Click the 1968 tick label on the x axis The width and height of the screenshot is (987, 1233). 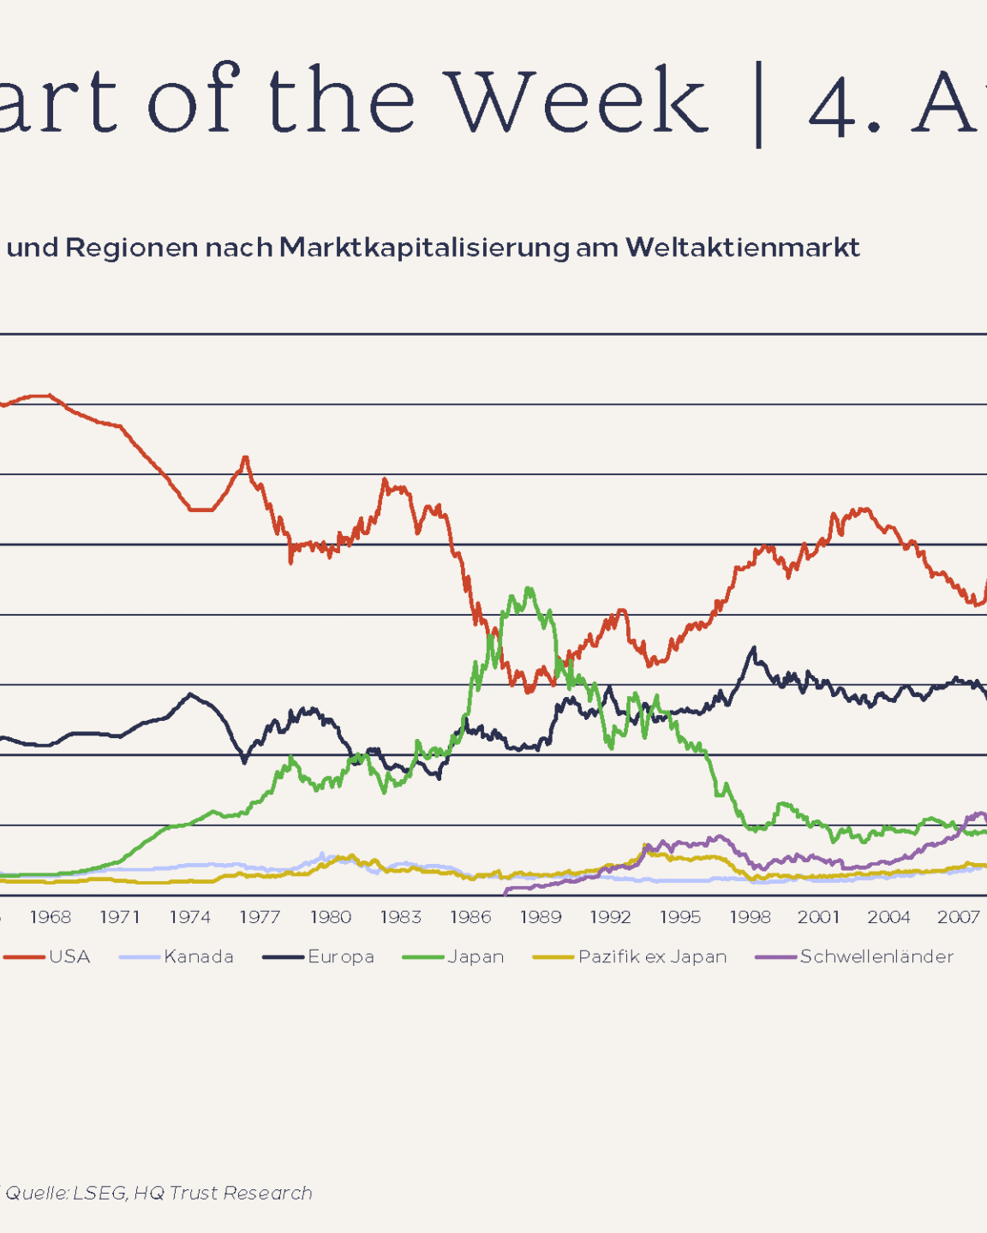point(51,917)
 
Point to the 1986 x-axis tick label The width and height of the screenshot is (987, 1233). point(470,917)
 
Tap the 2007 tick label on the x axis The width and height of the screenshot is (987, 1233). point(958,917)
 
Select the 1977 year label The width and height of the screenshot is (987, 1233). point(260,917)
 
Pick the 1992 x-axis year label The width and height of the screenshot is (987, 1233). point(610,917)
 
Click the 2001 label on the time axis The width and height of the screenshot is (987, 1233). point(818,917)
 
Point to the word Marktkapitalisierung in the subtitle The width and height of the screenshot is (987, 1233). point(424,247)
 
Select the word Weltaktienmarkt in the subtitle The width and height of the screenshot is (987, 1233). point(742,247)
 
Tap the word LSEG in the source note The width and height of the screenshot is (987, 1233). point(99,1193)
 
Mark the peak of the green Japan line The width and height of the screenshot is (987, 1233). point(529,588)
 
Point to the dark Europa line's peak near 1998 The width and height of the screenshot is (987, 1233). point(754,648)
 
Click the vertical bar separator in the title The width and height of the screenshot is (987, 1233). point(758,104)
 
